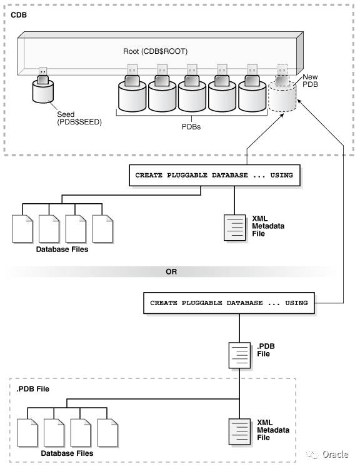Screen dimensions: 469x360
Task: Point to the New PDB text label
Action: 311,80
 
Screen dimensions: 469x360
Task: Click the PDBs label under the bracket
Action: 191,125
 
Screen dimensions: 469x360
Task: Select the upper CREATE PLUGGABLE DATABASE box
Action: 213,176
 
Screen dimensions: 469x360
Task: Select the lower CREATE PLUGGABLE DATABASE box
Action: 229,303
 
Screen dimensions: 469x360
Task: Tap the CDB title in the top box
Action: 19,13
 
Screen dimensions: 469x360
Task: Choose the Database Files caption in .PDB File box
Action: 67,453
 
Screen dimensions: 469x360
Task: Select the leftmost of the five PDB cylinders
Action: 132,94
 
